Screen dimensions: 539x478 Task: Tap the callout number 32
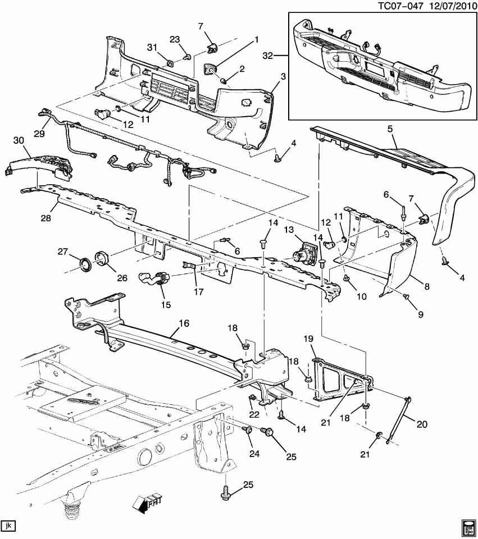[x=267, y=56]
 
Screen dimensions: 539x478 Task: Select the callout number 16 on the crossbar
[x=184, y=323]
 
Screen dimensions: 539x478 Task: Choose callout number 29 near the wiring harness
[x=38, y=133]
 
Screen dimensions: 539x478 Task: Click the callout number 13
[x=289, y=230]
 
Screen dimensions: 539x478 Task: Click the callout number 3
[x=283, y=76]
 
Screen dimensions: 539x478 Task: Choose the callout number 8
[x=427, y=286]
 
